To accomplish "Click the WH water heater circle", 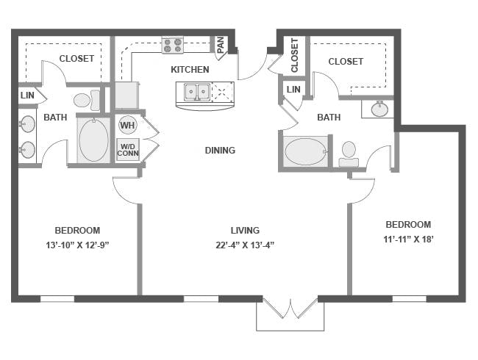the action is (127, 125).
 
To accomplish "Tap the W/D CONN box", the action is (128, 150).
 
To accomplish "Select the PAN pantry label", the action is (221, 45).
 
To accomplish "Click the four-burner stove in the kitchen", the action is (173, 46).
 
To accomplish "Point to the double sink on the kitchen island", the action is (197, 91).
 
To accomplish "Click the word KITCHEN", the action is (190, 70).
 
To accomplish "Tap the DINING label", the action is (220, 150).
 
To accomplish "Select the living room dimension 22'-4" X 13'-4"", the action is (245, 245).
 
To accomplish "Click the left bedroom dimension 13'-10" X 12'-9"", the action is (77, 245).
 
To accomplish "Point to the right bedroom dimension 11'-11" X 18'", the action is (408, 240).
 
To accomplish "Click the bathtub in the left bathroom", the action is (94, 140).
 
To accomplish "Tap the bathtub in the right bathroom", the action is (306, 151).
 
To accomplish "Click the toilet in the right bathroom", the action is (349, 154).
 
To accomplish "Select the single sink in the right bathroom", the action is (380, 109).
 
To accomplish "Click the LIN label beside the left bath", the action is (27, 96).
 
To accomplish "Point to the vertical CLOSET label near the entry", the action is (294, 55).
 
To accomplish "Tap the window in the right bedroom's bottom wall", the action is (409, 299).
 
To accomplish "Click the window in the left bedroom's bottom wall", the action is (57, 299).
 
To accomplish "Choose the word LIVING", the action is (245, 231).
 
